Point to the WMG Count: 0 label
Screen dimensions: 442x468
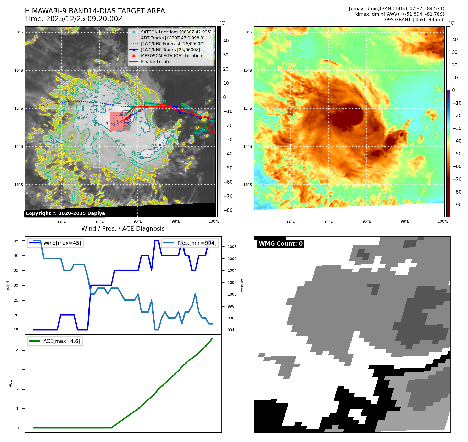(x=281, y=244)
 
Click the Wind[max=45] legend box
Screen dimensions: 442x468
(x=55, y=243)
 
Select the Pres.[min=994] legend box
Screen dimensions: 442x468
(x=190, y=243)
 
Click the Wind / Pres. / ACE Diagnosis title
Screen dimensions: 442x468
(x=123, y=229)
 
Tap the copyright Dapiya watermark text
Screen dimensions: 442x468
(x=65, y=213)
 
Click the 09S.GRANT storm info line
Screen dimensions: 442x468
(x=414, y=20)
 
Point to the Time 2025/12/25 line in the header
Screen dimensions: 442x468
(x=74, y=19)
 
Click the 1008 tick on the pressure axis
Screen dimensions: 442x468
(x=232, y=247)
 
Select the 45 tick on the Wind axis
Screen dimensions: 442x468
(x=16, y=241)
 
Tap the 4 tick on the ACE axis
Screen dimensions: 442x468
(x=18, y=350)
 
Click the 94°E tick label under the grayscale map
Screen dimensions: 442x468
(x=99, y=222)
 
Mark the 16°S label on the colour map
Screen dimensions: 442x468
(x=248, y=185)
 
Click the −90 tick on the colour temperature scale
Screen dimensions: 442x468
(x=457, y=205)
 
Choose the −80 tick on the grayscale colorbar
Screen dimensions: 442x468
(x=228, y=210)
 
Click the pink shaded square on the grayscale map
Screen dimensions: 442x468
(x=120, y=122)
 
